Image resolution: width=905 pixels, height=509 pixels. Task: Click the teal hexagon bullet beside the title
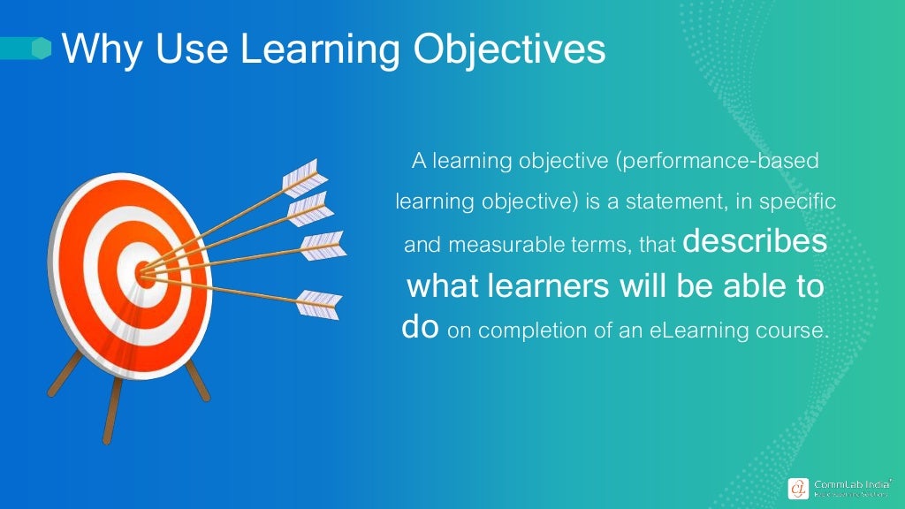tap(42, 49)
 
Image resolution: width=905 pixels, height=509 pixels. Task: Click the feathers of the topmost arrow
tap(300, 178)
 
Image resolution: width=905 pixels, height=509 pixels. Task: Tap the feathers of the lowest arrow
tap(319, 304)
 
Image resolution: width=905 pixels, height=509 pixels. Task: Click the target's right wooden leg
tap(198, 381)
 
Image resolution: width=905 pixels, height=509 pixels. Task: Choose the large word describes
tap(756, 242)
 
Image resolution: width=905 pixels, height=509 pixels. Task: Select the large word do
tap(420, 328)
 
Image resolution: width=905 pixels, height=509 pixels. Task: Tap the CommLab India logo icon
tap(799, 488)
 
